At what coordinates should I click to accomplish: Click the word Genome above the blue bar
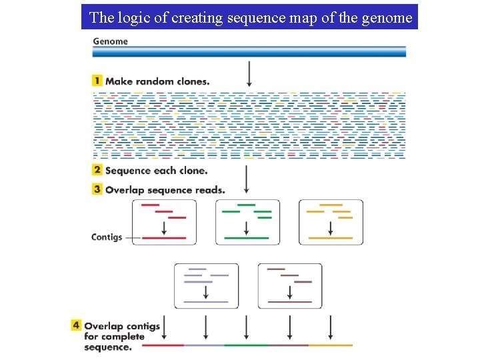coord(110,41)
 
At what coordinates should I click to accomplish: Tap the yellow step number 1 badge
coord(97,81)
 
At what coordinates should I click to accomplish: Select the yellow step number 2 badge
coord(97,170)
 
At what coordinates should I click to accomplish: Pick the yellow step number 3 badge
coord(97,189)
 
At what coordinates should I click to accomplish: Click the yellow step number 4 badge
coord(77,325)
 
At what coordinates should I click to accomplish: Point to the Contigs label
coord(107,237)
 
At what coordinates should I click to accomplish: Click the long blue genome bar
coord(249,51)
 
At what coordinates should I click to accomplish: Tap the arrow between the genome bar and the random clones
coord(249,73)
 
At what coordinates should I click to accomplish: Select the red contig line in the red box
coord(164,237)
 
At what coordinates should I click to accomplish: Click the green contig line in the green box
coord(247,237)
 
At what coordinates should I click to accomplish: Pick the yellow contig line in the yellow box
coord(331,237)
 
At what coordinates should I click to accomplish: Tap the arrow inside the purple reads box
coord(206,292)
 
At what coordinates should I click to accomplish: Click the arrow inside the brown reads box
coord(290,292)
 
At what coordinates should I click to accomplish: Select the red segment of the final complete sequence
coord(163,345)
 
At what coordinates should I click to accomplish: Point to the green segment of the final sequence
coord(247,345)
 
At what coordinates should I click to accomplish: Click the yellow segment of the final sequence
coord(331,345)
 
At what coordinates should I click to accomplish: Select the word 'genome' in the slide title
coord(388,17)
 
